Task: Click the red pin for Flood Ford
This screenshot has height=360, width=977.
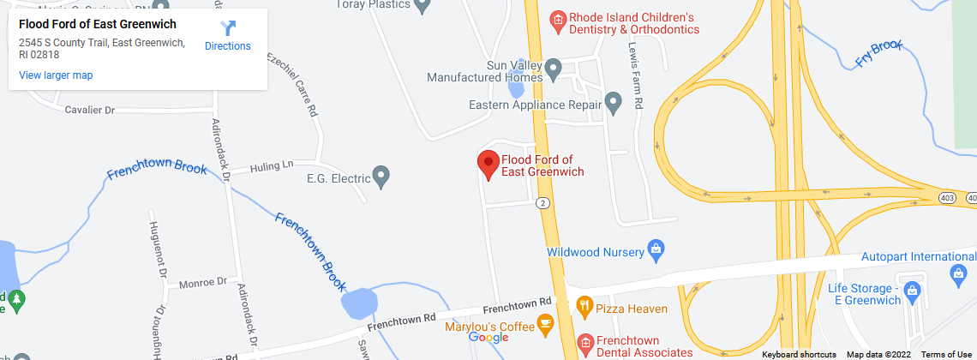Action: tap(488, 163)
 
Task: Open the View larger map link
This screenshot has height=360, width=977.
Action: tap(56, 75)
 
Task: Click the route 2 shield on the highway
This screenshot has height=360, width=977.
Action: tap(542, 203)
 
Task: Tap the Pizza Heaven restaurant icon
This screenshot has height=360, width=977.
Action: tap(584, 304)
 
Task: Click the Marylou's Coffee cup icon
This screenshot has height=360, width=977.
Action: tap(543, 323)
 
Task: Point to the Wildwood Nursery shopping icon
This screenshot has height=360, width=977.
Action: tap(656, 250)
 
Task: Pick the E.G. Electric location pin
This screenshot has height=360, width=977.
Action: tap(383, 177)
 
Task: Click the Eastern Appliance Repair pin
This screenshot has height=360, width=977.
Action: tap(613, 104)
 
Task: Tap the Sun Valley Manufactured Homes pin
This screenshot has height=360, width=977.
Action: tap(554, 66)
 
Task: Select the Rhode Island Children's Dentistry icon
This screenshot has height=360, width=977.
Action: tap(557, 19)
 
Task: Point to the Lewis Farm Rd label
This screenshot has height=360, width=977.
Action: tap(635, 75)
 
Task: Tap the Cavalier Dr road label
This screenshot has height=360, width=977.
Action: tap(90, 111)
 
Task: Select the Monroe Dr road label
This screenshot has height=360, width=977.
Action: tap(202, 281)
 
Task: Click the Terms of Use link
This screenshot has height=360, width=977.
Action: tap(946, 354)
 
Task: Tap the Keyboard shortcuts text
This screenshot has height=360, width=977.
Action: tap(799, 354)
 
